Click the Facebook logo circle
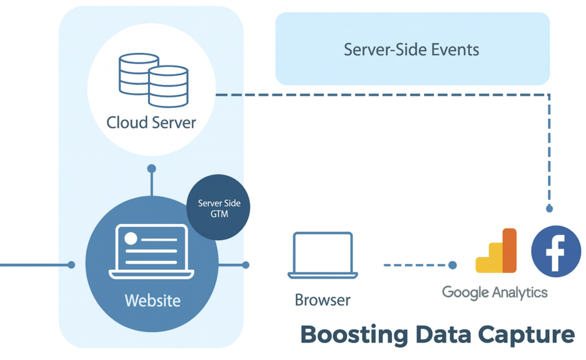coord(556,252)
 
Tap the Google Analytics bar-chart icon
coord(497,251)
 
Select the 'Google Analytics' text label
coord(494,292)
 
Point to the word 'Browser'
coord(323,299)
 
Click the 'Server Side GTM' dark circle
coord(219,207)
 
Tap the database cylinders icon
coord(153,80)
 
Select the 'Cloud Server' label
coord(151,122)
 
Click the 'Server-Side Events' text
coord(411,49)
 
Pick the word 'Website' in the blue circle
coord(152,300)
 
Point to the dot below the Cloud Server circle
coord(152,169)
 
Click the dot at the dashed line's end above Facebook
coord(549,209)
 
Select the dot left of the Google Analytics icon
coord(453,265)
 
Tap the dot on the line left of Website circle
coord(72,265)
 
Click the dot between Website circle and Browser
coord(246,265)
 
